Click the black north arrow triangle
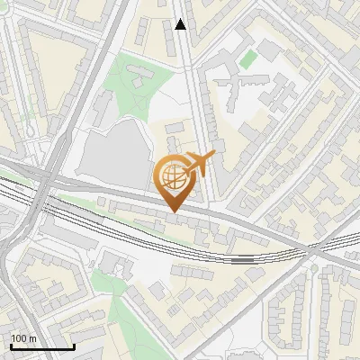(181, 24)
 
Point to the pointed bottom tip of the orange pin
(172, 211)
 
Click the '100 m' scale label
(25, 337)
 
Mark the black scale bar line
(42, 346)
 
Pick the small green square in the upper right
(247, 59)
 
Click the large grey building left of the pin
(112, 153)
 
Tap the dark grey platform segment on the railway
(241, 258)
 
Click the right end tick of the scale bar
(74, 346)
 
